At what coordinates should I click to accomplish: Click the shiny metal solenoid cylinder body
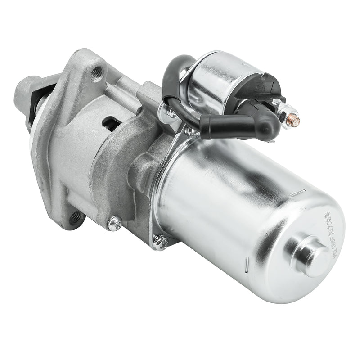[211, 79]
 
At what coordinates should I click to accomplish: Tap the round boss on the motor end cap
[311, 256]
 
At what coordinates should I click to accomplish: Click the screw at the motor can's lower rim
[160, 243]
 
